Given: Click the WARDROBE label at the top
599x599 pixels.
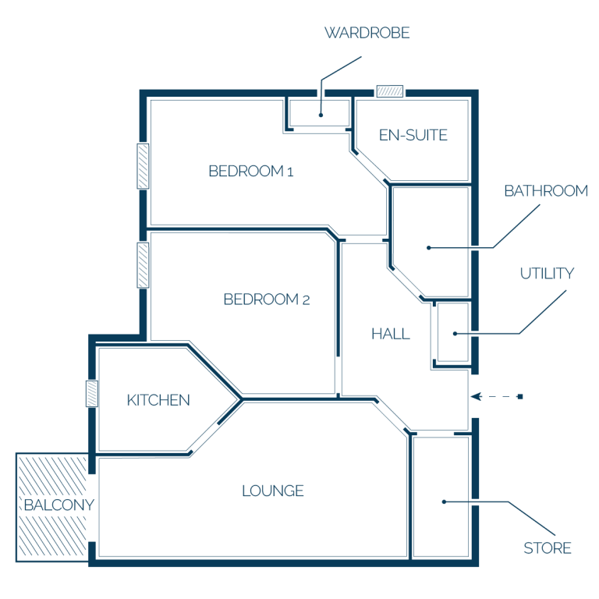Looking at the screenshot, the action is pos(367,33).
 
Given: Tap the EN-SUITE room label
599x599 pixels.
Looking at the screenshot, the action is pos(413,135).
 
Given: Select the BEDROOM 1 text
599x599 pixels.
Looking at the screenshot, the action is pos(251,171).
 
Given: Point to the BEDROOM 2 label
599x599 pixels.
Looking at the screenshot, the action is pos(267,299).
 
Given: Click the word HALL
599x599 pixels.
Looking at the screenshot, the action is pos(391,335).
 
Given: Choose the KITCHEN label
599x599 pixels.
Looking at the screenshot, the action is pos(158,400).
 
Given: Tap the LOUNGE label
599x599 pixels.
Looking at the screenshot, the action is pos(273,491).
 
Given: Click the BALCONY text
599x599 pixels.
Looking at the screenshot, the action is pos(58,505).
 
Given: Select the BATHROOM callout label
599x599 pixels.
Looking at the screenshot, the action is pos(546,191).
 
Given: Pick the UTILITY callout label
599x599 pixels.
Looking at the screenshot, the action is pos(547,274).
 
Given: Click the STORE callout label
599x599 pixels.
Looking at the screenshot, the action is pos(547,548).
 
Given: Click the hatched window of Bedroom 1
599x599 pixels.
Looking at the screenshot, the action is pos(143,166).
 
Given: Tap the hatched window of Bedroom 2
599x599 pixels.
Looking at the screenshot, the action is pos(143,265).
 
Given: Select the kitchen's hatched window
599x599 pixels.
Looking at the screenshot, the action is pos(92,393).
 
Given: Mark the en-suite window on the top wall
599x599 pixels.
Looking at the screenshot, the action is pos(390,91).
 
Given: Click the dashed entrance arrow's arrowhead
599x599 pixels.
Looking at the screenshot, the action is pos(476,396).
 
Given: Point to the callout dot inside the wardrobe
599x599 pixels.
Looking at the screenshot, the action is pos(321,115).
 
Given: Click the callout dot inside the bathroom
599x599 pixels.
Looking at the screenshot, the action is pos(429,248).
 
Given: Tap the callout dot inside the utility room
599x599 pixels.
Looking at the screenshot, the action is pos(455,334).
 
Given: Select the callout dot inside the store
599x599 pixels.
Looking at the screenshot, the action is pos(444,502).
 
